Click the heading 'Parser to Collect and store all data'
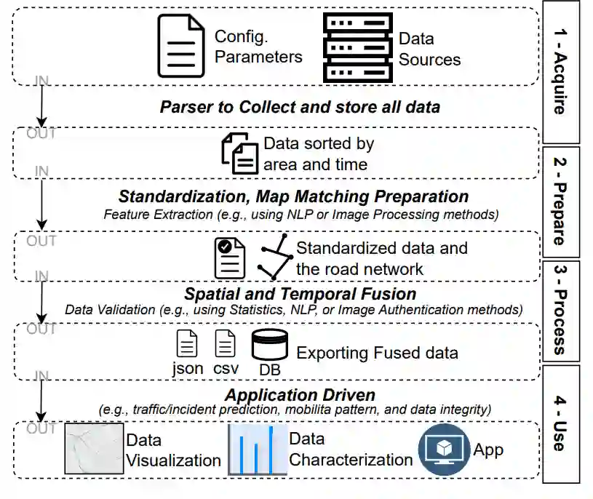click(300, 107)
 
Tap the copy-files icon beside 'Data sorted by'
click(239, 153)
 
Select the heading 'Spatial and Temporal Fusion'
click(300, 294)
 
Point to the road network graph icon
click(276, 258)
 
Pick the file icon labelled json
click(188, 343)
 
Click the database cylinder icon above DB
click(269, 346)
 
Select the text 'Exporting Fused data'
click(376, 353)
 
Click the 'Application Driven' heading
click(300, 395)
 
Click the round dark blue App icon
click(443, 450)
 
